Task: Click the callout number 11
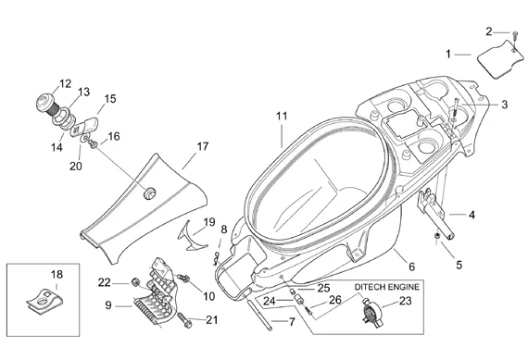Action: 282,116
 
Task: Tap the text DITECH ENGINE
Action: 387,287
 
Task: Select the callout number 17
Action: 202,146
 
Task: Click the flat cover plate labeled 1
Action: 501,59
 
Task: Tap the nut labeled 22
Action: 135,283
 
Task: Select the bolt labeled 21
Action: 183,320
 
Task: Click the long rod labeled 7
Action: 260,313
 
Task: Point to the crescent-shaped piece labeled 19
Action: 191,235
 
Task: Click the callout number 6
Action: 411,267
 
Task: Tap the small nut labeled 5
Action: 436,237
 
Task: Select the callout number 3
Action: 504,105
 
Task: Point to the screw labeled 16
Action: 93,144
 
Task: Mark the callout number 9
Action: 108,305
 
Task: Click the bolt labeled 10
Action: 182,278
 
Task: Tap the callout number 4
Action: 472,215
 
